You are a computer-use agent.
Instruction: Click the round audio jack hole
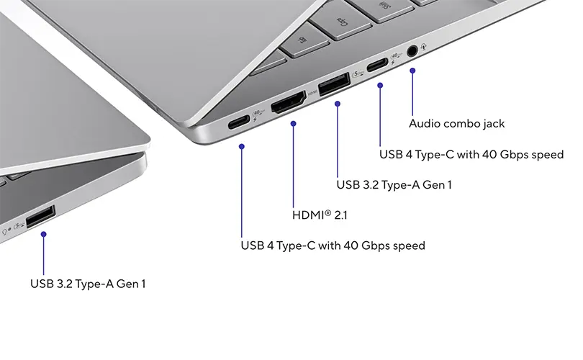tap(412, 50)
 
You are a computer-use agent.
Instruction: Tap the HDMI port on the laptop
tap(288, 102)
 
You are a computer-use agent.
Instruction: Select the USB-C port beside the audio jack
tap(377, 66)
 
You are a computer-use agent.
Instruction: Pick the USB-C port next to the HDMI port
tap(239, 122)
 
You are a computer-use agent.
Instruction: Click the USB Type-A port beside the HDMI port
tap(334, 84)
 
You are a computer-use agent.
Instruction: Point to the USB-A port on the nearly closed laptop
tap(40, 216)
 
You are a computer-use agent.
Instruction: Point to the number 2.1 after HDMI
tap(340, 215)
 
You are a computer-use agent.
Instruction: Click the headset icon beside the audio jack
tap(423, 47)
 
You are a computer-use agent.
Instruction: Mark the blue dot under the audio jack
tap(412, 71)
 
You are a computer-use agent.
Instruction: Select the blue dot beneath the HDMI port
tap(294, 123)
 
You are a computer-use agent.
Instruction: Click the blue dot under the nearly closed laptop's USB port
tap(43, 234)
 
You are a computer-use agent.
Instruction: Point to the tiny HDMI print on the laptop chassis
tap(312, 93)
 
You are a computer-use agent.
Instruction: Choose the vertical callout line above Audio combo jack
tap(412, 93)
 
